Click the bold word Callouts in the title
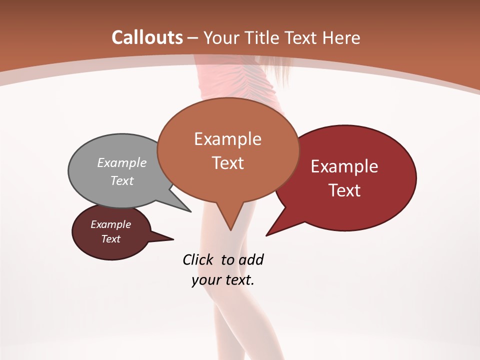147,37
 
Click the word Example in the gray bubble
122,162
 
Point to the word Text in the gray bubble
122,180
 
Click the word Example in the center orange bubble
227,139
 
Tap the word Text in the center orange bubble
227,163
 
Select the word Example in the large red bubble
344,166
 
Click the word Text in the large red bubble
344,190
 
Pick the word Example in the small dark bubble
111,224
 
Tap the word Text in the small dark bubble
111,239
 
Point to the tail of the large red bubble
278,225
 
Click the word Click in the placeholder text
199,259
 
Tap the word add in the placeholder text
250,259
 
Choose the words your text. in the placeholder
223,280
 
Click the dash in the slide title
193,37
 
